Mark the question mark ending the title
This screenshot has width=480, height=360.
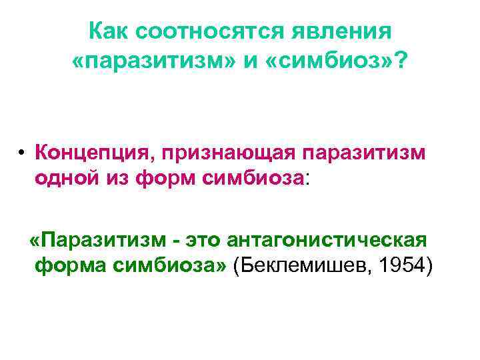coord(402,61)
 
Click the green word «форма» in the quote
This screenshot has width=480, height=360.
coord(67,265)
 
